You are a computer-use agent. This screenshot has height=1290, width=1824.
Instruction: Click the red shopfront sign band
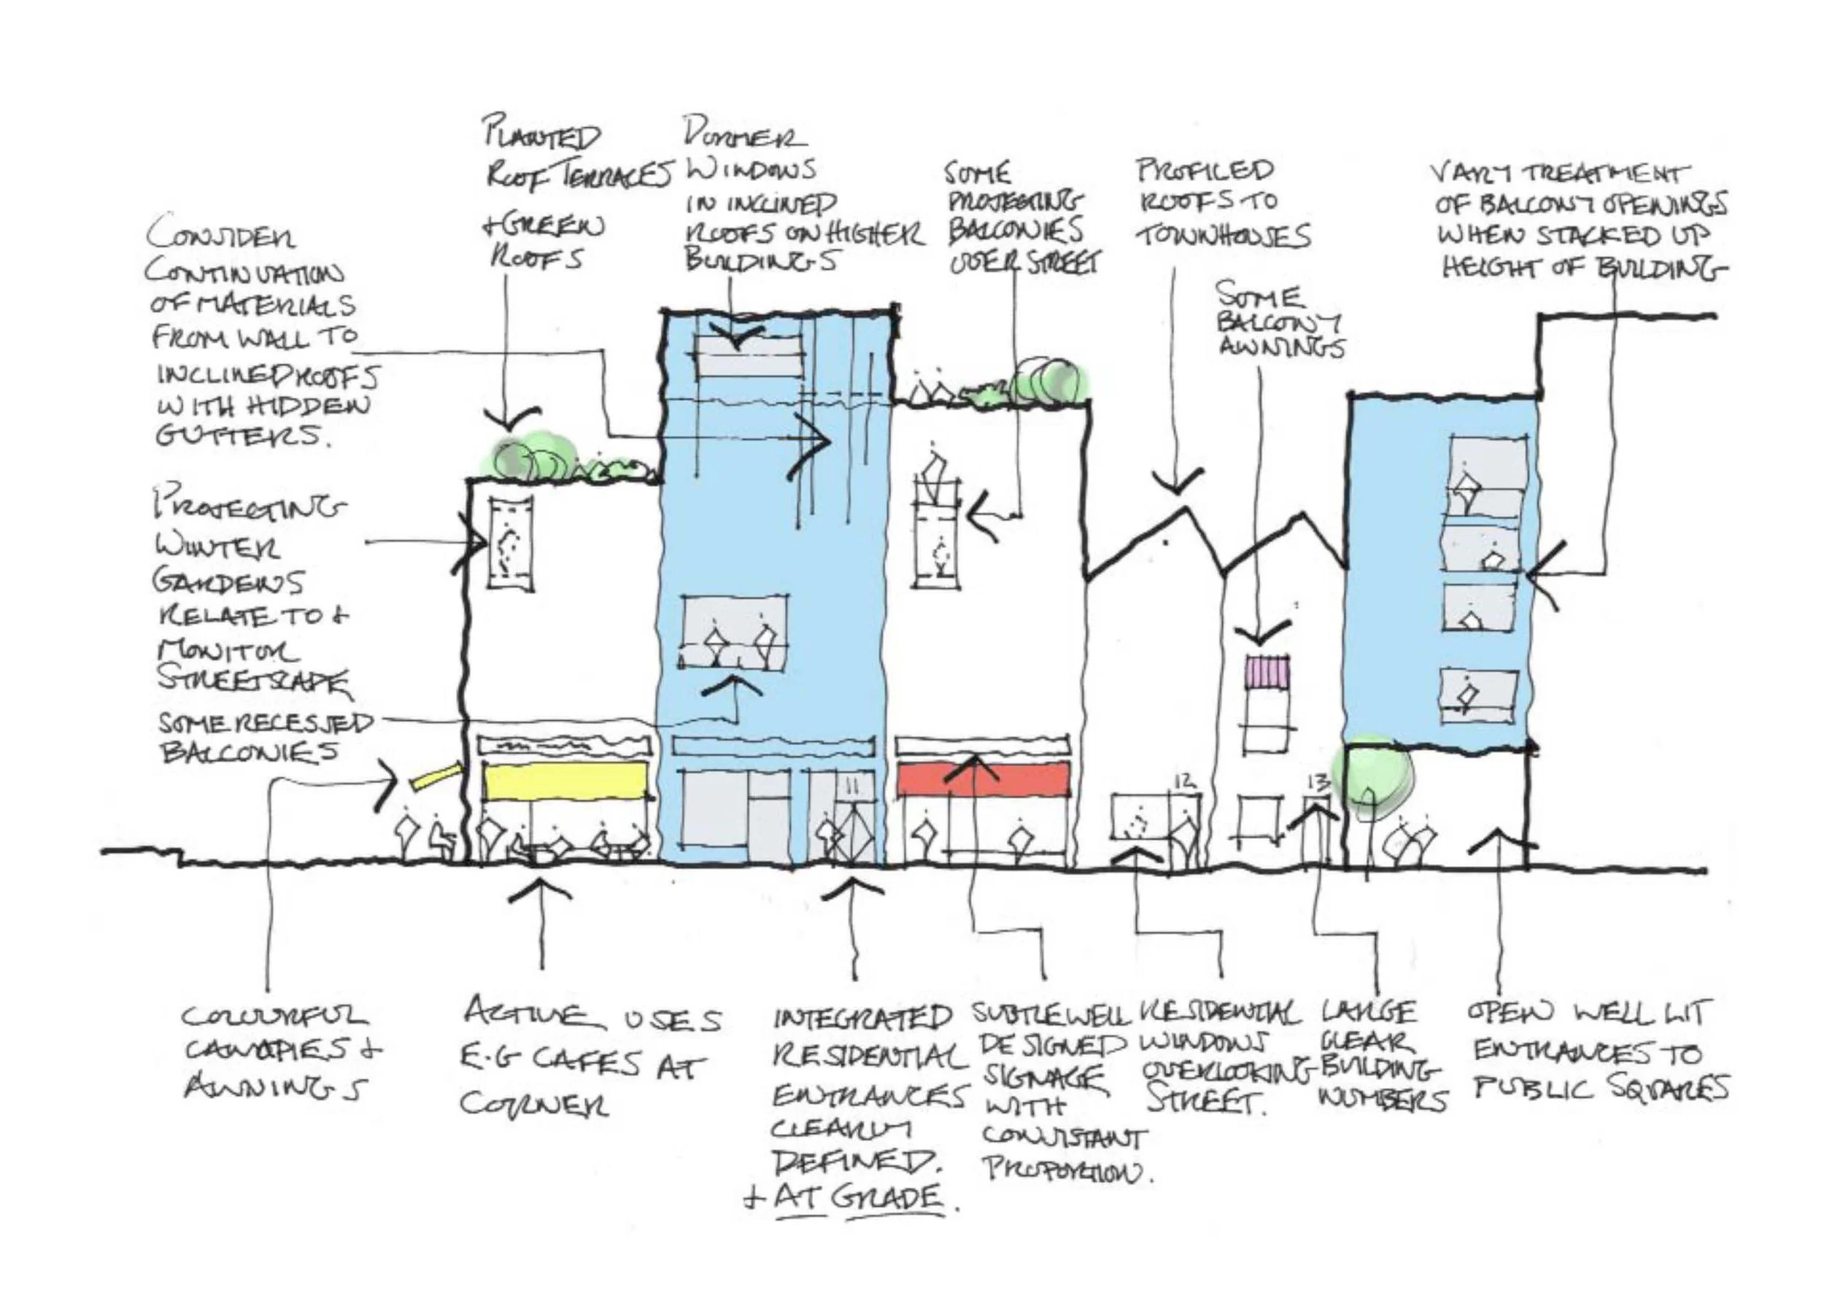[x=984, y=779]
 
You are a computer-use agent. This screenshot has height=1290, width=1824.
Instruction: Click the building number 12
[x=1183, y=781]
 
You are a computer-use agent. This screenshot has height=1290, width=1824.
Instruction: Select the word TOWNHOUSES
[x=1226, y=236]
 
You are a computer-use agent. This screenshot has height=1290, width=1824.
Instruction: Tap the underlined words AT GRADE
[x=859, y=1199]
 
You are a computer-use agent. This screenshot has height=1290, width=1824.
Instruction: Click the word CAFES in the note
[x=584, y=1063]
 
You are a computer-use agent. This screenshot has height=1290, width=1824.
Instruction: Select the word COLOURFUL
[x=275, y=1016]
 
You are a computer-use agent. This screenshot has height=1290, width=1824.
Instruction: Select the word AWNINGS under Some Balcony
[x=1280, y=348]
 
